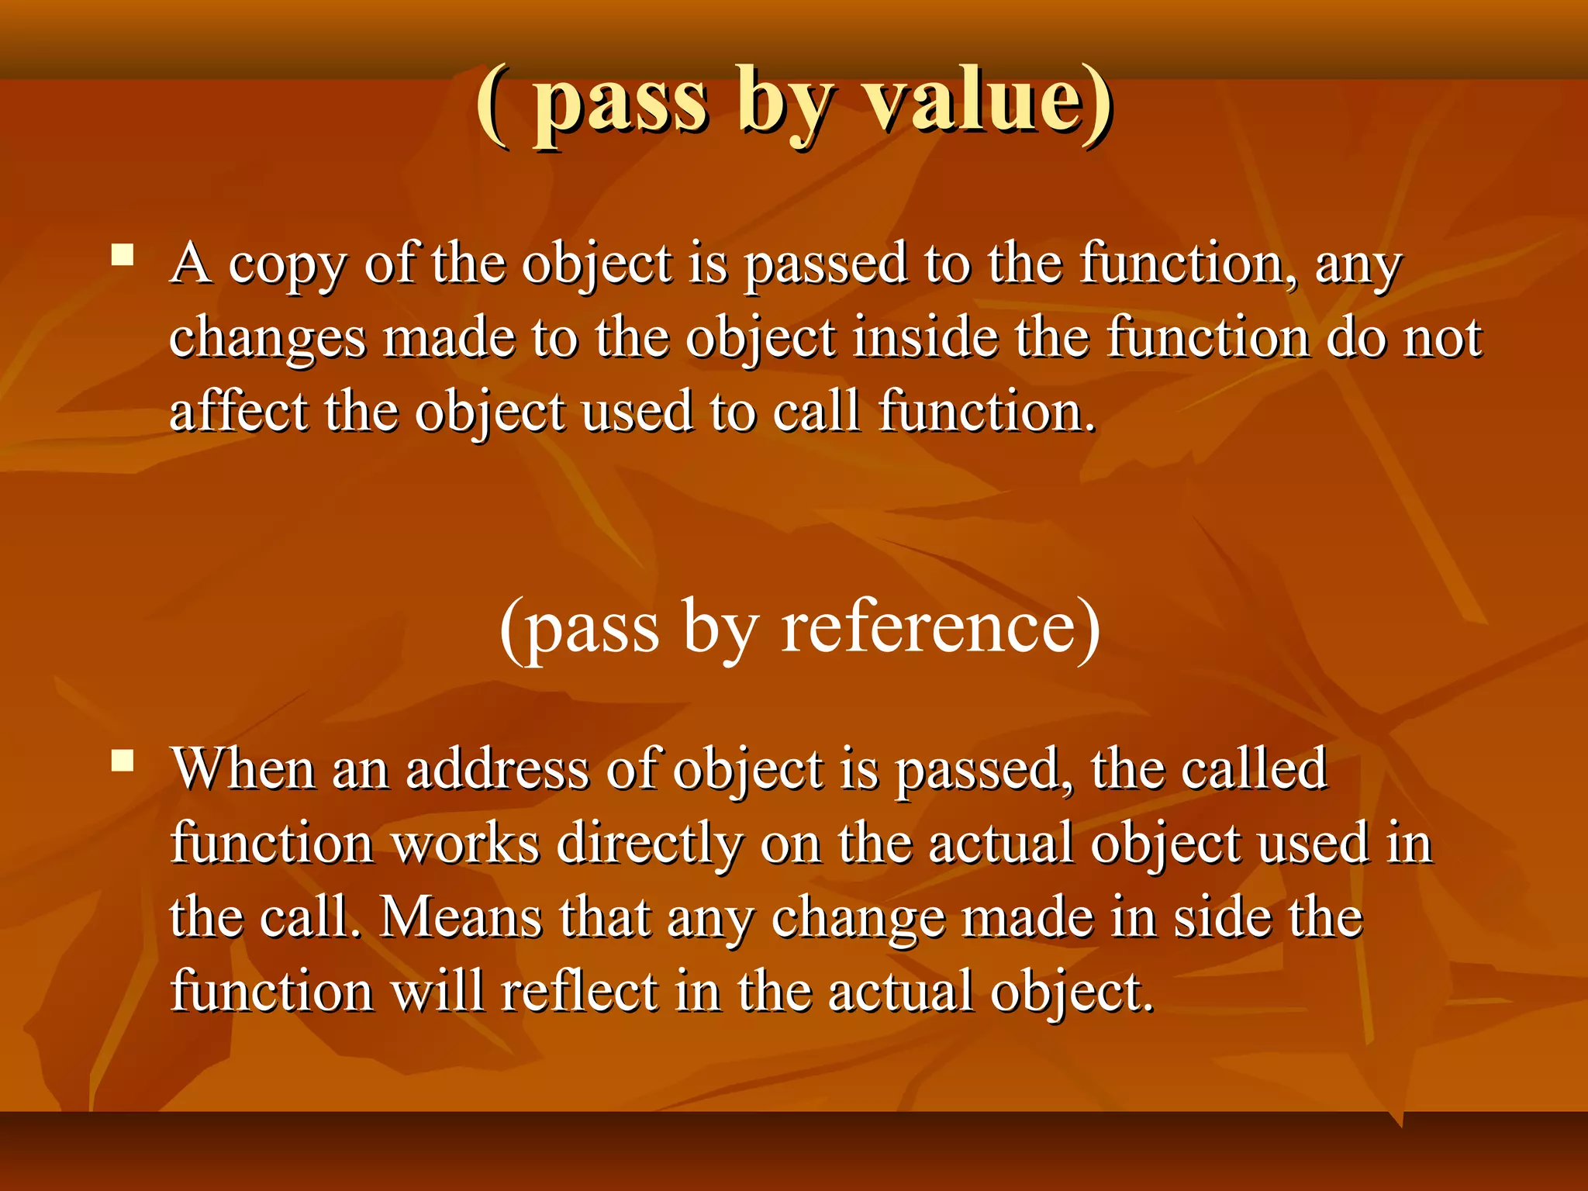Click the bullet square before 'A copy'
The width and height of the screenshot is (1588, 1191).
click(123, 255)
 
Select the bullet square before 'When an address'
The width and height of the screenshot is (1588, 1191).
click(123, 761)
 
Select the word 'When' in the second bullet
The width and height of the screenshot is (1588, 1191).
click(242, 769)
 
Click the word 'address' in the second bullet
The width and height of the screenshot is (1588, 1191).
click(497, 769)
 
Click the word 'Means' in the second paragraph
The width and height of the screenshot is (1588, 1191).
click(461, 918)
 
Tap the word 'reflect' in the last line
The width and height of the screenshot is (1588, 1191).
click(579, 992)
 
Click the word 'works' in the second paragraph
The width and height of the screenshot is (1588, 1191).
click(466, 844)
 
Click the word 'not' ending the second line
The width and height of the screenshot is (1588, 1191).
click(1443, 340)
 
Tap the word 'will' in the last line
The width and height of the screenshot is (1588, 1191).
click(438, 992)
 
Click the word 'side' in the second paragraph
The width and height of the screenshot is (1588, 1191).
click(1221, 918)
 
